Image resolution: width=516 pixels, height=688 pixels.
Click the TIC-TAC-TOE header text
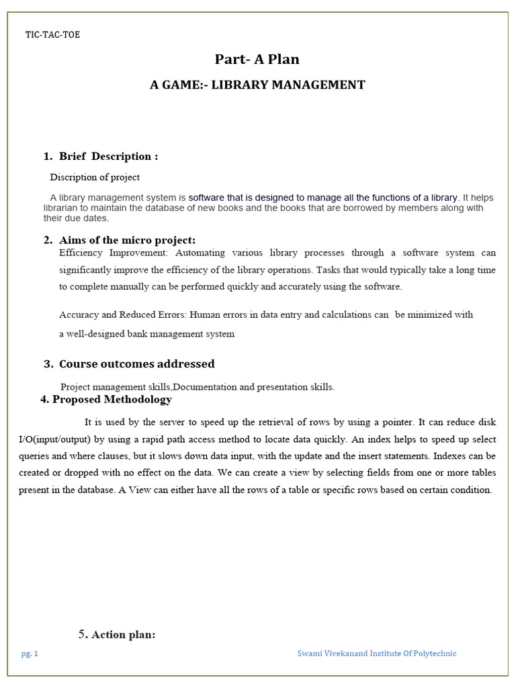click(52, 35)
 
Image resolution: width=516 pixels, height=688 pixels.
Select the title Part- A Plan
click(257, 59)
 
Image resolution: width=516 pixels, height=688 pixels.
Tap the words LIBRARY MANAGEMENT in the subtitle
click(288, 85)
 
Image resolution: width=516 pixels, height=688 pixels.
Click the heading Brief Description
click(108, 157)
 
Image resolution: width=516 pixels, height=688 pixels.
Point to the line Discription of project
click(95, 177)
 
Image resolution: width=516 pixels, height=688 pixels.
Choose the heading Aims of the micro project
click(127, 240)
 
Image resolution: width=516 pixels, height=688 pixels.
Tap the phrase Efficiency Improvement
click(115, 253)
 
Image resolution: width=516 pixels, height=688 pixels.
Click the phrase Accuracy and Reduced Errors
click(123, 314)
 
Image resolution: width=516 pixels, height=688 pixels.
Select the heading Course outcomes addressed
click(136, 364)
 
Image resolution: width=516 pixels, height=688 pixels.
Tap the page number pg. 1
click(29, 654)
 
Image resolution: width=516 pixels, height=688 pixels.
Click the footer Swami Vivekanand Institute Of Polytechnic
click(376, 654)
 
